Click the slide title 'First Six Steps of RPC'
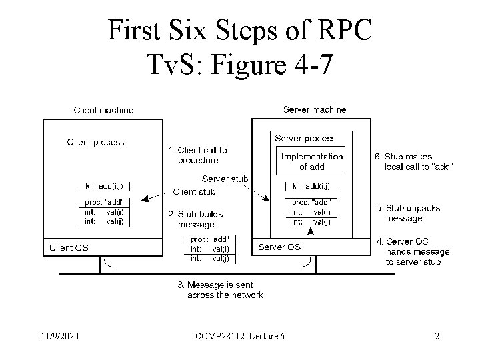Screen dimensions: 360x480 click(240, 29)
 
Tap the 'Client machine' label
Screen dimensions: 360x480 click(103, 110)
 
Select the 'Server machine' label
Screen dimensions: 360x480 click(315, 109)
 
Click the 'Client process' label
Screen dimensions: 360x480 click(95, 142)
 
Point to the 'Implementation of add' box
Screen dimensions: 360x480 click(312, 161)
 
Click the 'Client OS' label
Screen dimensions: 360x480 click(69, 248)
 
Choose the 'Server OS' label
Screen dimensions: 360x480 click(279, 247)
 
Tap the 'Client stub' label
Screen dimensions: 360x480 click(194, 192)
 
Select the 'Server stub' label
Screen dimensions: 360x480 click(225, 179)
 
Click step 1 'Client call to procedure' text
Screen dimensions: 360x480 click(198, 155)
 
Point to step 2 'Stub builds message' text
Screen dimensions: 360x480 click(195, 219)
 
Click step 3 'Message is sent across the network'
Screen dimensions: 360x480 click(220, 290)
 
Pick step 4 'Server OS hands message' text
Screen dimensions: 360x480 click(413, 251)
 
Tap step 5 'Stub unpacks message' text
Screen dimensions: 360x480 click(408, 213)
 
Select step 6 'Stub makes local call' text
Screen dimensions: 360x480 click(413, 161)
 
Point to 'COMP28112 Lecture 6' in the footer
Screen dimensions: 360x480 click(240, 336)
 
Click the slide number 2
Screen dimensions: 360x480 click(437, 336)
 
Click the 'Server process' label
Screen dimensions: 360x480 click(305, 139)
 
